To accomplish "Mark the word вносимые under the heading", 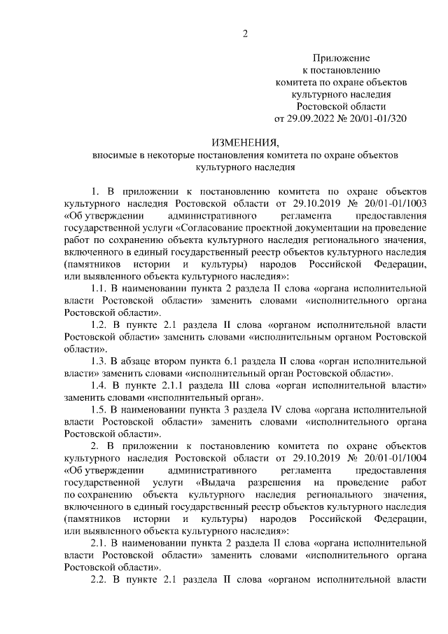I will (113, 155).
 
